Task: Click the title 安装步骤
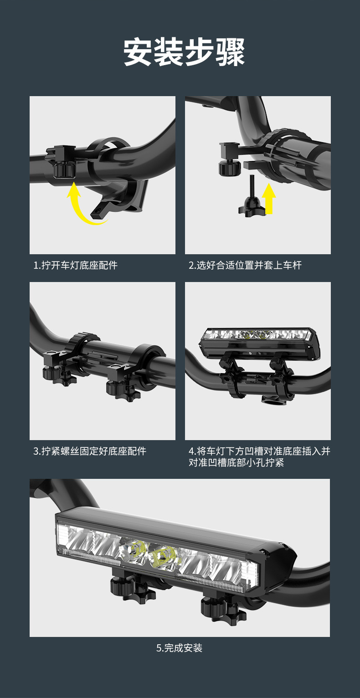tap(184, 52)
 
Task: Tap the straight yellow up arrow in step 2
tap(268, 198)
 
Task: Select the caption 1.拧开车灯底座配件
tap(76, 265)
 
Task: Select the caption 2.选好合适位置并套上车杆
tap(245, 265)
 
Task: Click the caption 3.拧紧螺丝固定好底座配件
tap(90, 451)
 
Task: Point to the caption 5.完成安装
tap(179, 648)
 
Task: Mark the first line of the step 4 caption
tap(259, 451)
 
